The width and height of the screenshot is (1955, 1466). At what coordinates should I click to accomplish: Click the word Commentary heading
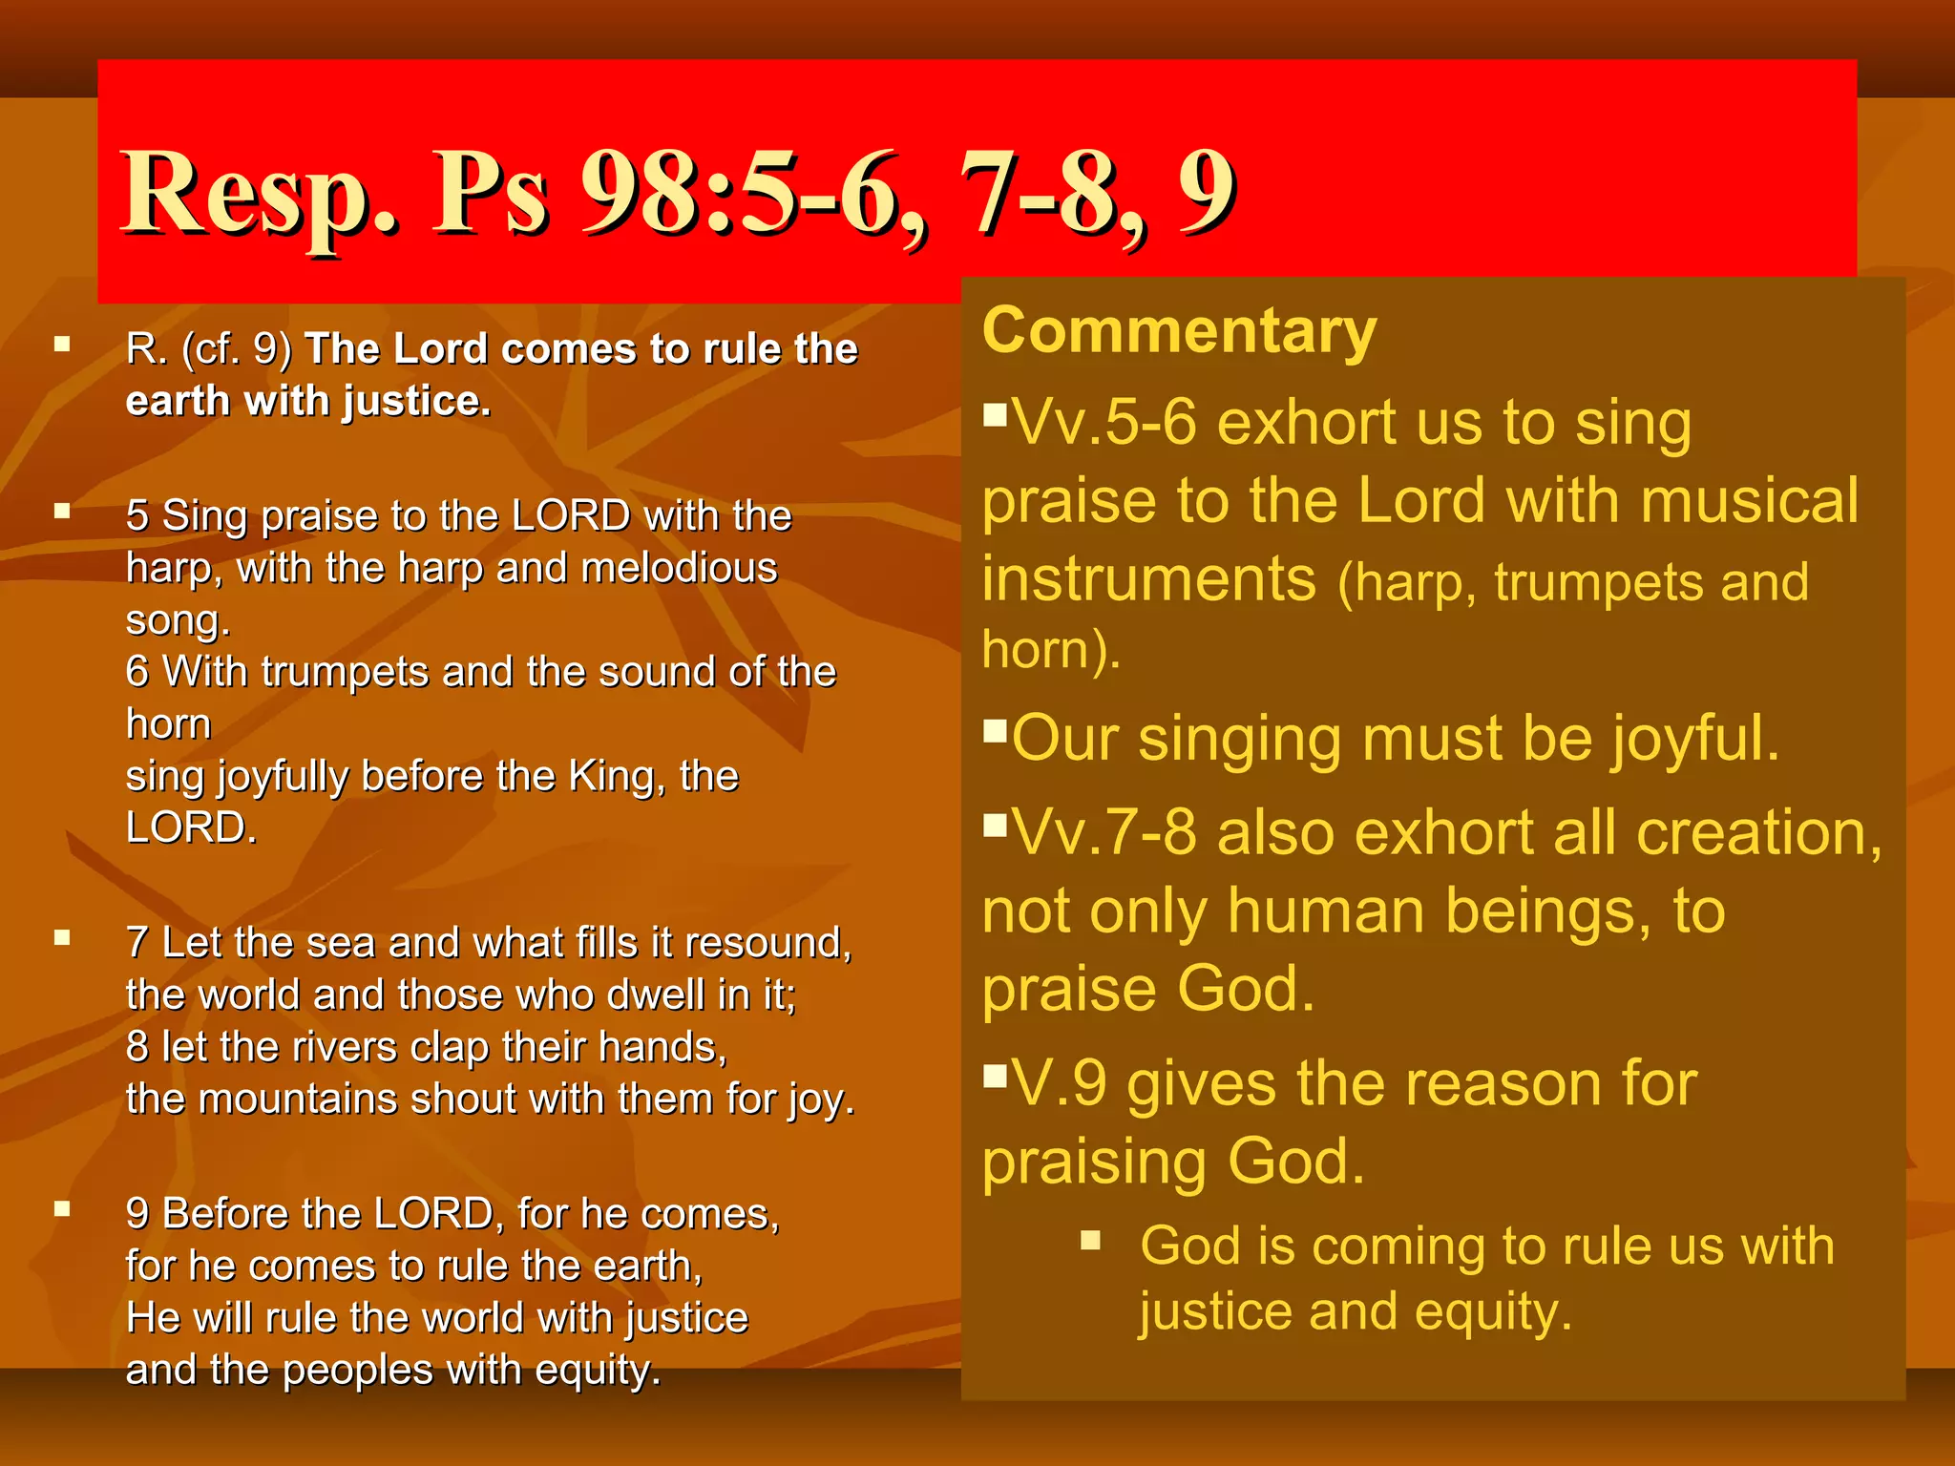point(1179,330)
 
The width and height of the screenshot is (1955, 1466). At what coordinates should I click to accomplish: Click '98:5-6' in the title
point(740,196)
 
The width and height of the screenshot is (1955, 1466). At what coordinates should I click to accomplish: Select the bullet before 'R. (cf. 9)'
point(63,344)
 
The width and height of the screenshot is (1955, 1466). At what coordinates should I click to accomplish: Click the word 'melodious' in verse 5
point(680,568)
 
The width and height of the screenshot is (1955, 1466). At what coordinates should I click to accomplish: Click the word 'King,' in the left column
point(617,776)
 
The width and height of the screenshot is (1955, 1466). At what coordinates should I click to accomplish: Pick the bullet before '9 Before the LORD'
point(63,1209)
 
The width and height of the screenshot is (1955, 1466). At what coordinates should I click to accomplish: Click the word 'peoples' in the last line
point(357,1371)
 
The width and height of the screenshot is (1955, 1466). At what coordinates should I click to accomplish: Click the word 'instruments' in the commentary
point(1149,579)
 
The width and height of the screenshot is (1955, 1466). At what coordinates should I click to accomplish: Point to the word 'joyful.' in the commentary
point(1695,740)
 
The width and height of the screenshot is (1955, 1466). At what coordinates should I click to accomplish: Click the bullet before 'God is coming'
point(1091,1241)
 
